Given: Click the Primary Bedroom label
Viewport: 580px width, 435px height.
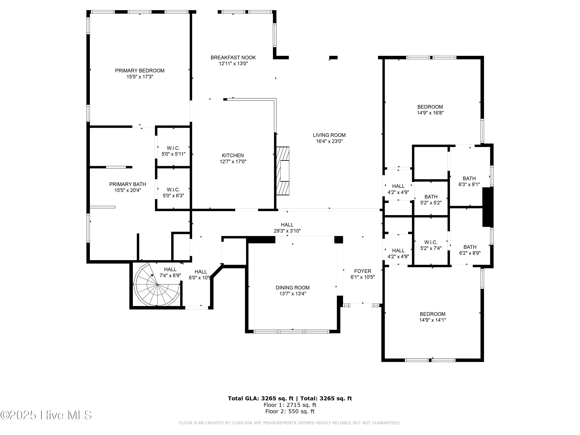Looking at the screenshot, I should pos(140,71).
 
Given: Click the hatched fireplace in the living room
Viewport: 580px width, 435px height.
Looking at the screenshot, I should pos(283,171).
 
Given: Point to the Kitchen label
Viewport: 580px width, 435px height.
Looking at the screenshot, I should pos(233,155).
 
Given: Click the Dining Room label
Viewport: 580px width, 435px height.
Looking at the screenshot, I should pos(292,288).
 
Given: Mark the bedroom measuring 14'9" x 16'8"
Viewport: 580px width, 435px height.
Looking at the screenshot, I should pos(430,110).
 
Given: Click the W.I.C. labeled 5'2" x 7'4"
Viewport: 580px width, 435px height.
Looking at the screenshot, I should pos(431,245).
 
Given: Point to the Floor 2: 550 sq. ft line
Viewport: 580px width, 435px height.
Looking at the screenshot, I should pos(290,411).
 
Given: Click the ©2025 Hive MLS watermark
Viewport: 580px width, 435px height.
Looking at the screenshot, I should pos(46,415).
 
